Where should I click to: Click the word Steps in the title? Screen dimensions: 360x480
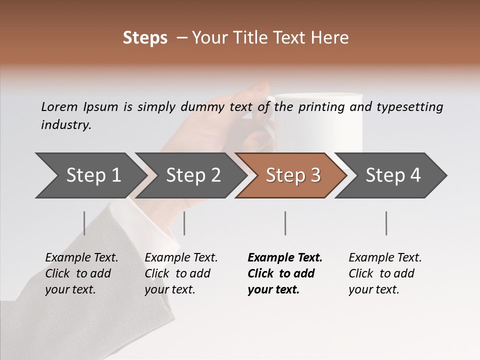145,38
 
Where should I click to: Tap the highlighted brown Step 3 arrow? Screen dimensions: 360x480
290,175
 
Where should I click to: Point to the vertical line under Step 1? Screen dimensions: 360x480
84,223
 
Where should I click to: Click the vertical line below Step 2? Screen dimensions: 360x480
184,223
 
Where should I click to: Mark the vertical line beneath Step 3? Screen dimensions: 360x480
285,223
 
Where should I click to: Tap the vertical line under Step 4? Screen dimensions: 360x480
386,223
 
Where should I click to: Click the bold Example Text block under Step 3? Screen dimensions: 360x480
285,273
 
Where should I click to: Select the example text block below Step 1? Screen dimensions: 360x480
81,273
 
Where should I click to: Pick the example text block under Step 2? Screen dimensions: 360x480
181,273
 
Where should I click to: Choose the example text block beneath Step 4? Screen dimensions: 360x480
385,273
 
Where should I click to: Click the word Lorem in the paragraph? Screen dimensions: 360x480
59,106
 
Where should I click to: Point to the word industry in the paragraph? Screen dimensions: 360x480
66,125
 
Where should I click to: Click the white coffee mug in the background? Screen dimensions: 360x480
320,120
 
